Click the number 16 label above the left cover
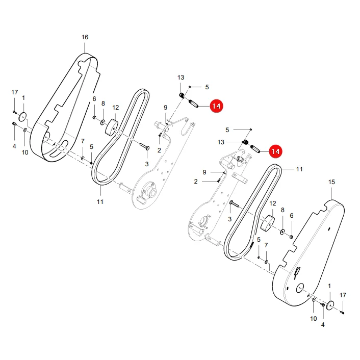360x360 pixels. click(x=85, y=37)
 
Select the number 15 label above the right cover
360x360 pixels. click(x=331, y=182)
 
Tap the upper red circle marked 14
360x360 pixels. click(x=216, y=106)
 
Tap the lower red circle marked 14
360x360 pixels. click(x=275, y=151)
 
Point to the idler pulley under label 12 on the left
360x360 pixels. click(x=111, y=126)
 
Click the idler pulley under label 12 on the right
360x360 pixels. click(x=267, y=222)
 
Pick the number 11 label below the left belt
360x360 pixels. click(x=100, y=202)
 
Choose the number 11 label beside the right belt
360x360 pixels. click(x=299, y=169)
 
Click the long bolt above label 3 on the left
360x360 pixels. click(x=145, y=146)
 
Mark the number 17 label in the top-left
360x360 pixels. click(x=14, y=92)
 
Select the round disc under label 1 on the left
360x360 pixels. click(x=22, y=116)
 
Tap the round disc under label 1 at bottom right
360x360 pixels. click(x=330, y=304)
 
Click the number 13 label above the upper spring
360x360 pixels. click(x=181, y=78)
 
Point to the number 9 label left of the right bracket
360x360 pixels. click(x=204, y=172)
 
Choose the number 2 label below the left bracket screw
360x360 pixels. click(x=159, y=150)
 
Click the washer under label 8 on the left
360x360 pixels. click(x=102, y=122)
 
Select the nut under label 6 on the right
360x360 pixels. click(x=291, y=237)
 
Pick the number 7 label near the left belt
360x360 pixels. click(x=83, y=141)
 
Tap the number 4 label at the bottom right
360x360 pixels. click(x=323, y=325)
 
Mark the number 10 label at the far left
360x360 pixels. click(x=25, y=152)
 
